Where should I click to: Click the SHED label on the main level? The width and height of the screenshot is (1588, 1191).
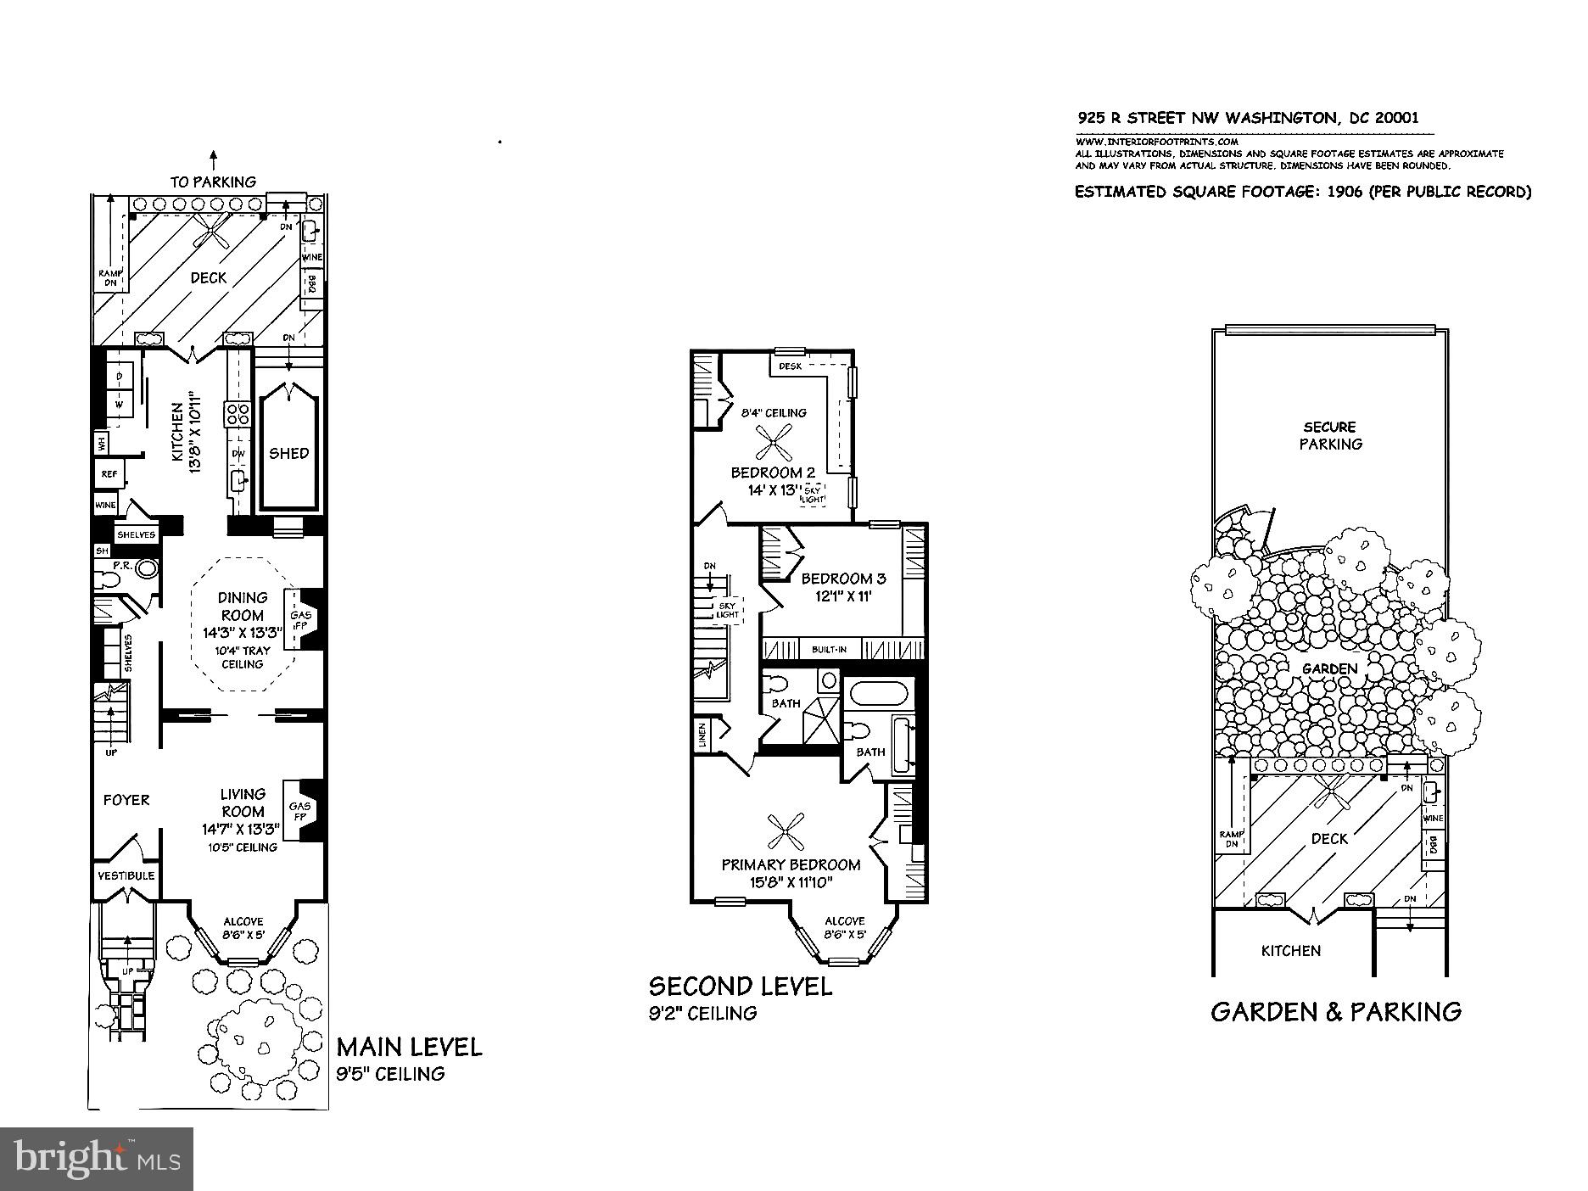click(289, 453)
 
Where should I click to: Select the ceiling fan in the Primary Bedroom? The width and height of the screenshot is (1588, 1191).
click(785, 831)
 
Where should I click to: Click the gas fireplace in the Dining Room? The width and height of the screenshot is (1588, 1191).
click(301, 620)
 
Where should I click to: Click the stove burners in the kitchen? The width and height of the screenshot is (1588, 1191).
click(237, 413)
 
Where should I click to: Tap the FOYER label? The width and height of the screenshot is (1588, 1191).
click(126, 800)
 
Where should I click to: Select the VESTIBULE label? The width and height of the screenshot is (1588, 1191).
click(126, 875)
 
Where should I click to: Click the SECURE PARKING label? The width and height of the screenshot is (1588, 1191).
click(1330, 435)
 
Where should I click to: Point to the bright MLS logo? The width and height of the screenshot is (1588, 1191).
click(97, 1158)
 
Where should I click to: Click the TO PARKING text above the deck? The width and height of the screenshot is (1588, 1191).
click(213, 182)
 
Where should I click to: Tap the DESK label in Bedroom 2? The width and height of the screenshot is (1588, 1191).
click(791, 366)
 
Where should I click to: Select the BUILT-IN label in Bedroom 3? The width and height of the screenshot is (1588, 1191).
click(829, 650)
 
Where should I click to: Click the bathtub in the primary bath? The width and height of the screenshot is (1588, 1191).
click(880, 693)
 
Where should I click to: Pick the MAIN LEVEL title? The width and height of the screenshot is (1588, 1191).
click(409, 1047)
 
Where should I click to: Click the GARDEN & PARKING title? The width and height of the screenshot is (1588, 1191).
click(1336, 1011)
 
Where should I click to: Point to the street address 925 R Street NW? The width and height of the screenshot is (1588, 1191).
click(1248, 118)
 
